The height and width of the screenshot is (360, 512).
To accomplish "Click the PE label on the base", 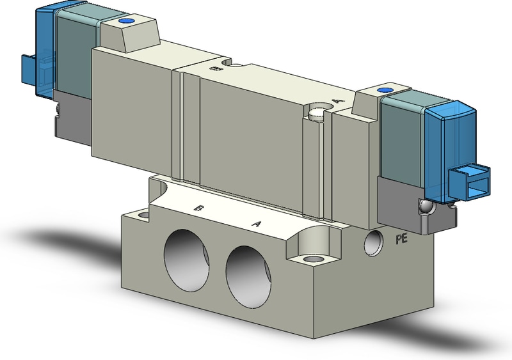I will (402, 240).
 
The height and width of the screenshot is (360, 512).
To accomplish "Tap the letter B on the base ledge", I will (200, 208).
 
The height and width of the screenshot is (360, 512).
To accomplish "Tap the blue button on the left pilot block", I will (126, 24).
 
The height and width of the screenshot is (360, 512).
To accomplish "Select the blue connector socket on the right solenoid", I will (471, 183).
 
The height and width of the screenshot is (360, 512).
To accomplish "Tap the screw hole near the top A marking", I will (318, 114).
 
